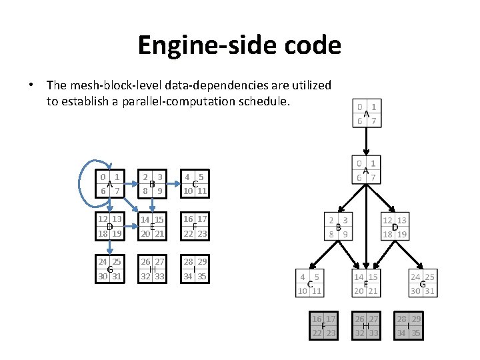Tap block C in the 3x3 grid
point(195,184)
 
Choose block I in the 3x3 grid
point(195,269)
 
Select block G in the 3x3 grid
point(110,269)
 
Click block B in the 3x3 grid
point(153,184)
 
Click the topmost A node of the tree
point(366,113)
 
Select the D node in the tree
point(394,227)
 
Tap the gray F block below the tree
point(323,325)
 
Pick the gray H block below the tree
point(366,325)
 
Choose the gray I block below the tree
point(409,325)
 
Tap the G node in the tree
point(422,283)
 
